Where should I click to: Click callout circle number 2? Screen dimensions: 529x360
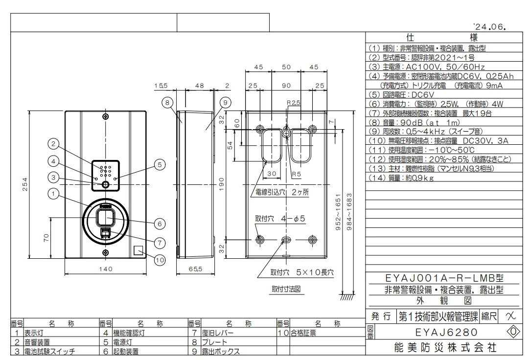coord(53,144)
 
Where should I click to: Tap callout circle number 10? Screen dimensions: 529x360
coord(160,260)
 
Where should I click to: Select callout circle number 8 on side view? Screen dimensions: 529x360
coord(168,102)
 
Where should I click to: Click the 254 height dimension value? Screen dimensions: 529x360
coord(25,184)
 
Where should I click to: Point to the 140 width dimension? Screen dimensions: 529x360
coord(106,269)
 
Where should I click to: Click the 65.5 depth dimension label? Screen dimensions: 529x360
coord(196,269)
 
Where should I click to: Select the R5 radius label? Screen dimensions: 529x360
coord(296,174)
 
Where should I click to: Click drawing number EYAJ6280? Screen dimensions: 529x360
coord(446,332)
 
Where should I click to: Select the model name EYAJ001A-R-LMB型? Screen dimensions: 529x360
coord(444,278)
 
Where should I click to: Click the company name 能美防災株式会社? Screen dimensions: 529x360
coord(445,348)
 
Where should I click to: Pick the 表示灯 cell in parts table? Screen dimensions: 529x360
coord(34,333)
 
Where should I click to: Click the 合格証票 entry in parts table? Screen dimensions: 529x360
coord(303,333)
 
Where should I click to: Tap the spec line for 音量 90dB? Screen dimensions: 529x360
coord(414,123)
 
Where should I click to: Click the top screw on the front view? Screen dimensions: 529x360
coord(106,116)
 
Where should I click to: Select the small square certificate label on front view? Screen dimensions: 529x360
coord(138,250)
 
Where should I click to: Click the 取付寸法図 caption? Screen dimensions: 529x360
coord(286,289)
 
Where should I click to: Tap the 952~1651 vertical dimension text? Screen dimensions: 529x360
coord(338,212)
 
